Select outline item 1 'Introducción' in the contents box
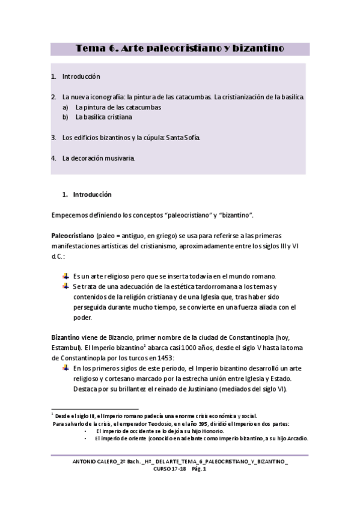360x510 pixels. pyautogui.click(x=81, y=77)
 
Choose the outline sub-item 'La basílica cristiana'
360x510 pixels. pyautogui.click(x=103, y=117)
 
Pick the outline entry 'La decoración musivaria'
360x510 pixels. pyautogui.click(x=99, y=158)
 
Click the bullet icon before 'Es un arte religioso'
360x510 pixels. pyautogui.click(x=66, y=275)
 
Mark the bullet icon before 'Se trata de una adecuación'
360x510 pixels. pyautogui.click(x=66, y=286)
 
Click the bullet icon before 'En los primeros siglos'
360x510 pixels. pyautogui.click(x=66, y=367)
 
